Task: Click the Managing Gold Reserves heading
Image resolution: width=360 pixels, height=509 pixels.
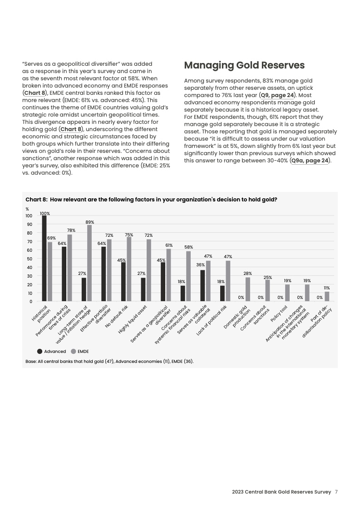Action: click(244, 65)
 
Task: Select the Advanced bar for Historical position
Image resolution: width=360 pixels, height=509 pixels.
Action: click(44, 258)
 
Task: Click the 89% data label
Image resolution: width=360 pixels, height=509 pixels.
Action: click(89, 222)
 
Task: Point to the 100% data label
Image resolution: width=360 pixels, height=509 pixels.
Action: click(44, 213)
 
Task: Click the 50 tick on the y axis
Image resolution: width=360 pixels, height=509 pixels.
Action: click(30, 259)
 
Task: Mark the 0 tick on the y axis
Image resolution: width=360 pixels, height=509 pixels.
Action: click(30, 301)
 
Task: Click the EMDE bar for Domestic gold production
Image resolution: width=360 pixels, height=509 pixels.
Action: click(247, 289)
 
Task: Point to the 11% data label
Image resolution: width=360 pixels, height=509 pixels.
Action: click(326, 288)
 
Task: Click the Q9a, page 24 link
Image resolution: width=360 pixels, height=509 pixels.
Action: click(310, 160)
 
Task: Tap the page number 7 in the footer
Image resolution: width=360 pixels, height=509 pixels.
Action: click(336, 492)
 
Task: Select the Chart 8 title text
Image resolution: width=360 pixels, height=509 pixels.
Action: click(151, 200)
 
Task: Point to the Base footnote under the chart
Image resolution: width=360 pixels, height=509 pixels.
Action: click(109, 362)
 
